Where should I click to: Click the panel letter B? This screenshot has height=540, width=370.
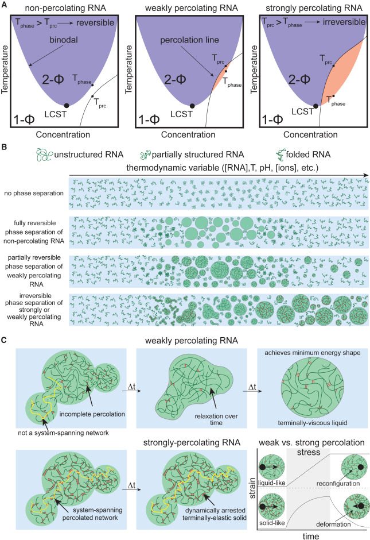pyautogui.click(x=5, y=146)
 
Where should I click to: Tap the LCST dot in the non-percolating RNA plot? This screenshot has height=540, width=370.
pyautogui.click(x=67, y=105)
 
